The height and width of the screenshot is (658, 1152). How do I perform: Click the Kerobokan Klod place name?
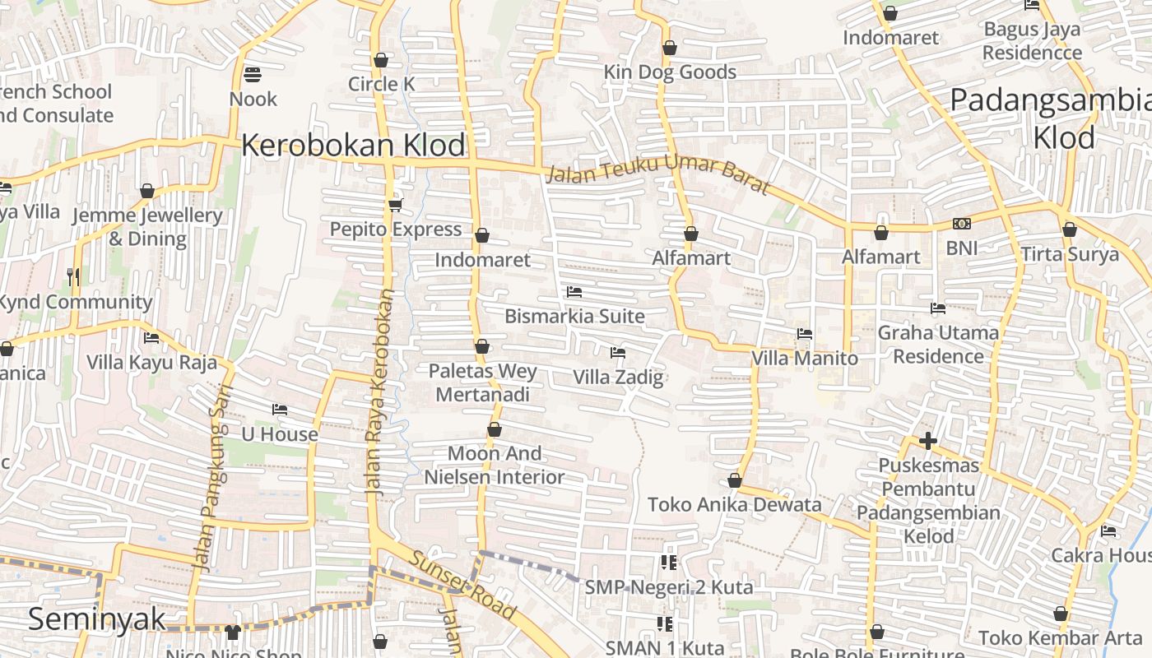point(353,146)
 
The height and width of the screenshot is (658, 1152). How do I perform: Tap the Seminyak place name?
point(97,619)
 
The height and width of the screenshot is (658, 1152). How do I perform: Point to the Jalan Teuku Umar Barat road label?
point(658,177)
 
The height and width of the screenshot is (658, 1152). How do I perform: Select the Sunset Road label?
point(463,586)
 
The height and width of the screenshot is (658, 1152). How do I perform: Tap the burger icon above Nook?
point(253,76)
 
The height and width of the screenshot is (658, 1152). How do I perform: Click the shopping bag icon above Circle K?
point(380,60)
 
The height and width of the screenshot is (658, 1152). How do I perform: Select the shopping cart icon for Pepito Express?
point(395,205)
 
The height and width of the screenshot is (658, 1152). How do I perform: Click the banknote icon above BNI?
point(961,224)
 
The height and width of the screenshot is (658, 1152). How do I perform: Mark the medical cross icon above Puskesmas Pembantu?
point(928,441)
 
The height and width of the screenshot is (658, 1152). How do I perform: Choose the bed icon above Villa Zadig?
point(618,353)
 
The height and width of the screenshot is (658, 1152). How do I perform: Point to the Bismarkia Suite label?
point(574,316)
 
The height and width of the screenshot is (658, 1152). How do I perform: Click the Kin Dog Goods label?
point(670,72)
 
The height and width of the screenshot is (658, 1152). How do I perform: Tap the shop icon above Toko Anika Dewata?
point(735,481)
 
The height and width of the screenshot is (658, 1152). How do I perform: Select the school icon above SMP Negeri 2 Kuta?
point(668,563)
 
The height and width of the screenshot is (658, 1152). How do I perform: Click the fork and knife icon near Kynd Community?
point(74,277)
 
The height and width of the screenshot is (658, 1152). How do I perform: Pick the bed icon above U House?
point(280,410)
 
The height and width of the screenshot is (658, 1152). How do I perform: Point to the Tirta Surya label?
point(1070,254)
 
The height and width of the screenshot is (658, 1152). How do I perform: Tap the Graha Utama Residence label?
point(938,345)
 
